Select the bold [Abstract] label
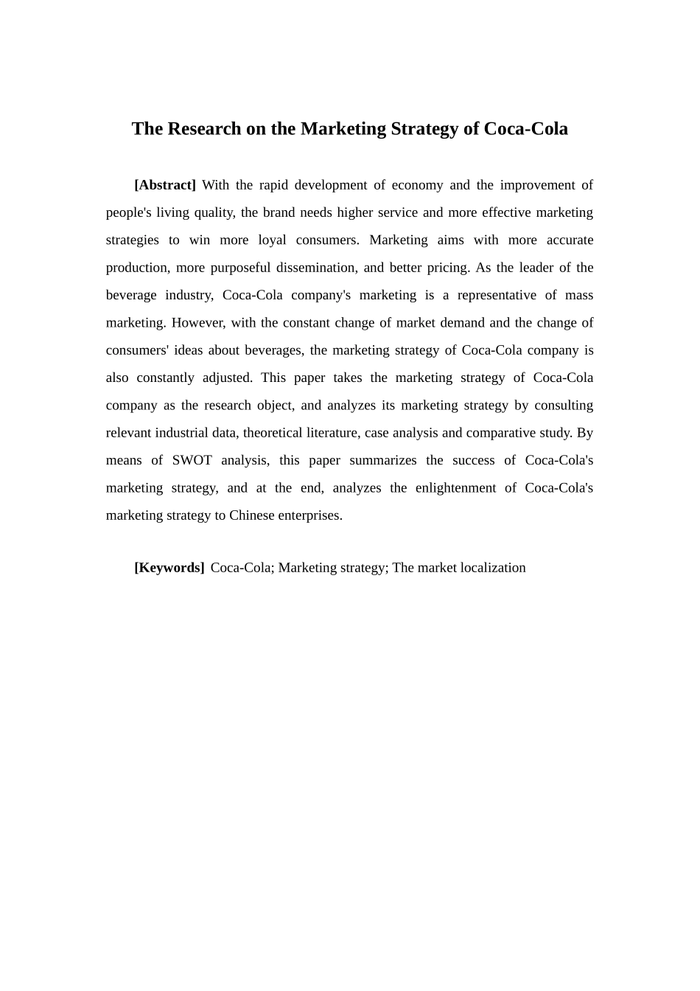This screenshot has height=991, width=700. click(x=165, y=185)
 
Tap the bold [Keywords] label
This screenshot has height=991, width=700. click(x=169, y=568)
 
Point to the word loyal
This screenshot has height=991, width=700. click(x=272, y=240)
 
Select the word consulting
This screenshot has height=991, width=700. click(x=564, y=406)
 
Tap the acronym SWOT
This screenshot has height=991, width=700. click(x=192, y=461)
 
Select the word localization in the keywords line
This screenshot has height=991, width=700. click(x=492, y=568)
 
